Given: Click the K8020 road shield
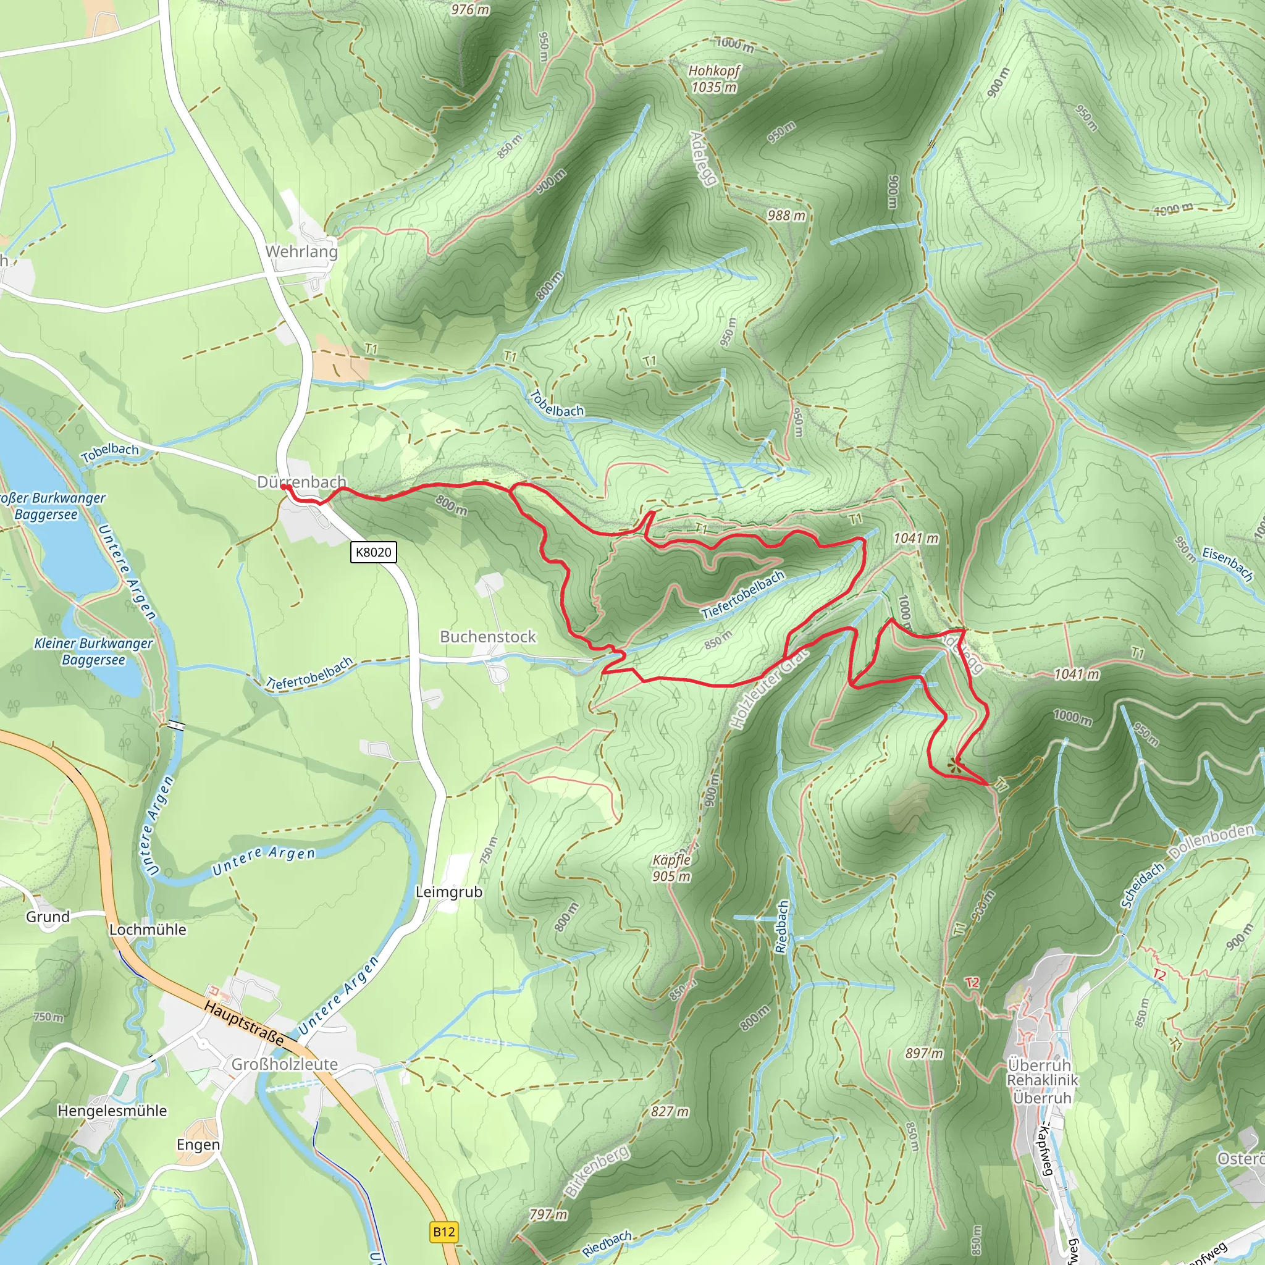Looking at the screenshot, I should coord(372,552).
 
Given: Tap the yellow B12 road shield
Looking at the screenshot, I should coord(443,1232).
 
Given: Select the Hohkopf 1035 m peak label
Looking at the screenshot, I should coord(713,78).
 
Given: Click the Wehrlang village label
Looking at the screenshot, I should coord(301,251).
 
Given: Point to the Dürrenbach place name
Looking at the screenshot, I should coord(301,482).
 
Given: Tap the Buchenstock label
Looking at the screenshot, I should coord(487,636).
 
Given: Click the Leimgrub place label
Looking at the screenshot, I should coord(448,892).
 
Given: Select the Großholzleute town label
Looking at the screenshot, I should coord(284,1064).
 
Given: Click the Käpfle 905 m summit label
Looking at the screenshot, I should coord(671,868).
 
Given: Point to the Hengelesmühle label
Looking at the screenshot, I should coord(112,1111).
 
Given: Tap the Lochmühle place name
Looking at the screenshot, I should coord(148,929).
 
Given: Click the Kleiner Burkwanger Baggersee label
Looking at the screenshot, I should coord(93,652).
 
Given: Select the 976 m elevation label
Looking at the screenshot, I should coord(470,9).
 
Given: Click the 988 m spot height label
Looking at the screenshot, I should coord(786,216).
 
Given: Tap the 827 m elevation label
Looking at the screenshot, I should coord(670,1111).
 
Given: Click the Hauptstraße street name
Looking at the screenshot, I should coord(244,1023).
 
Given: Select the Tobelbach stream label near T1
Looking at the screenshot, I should coord(556,405).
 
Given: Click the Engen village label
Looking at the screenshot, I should coord(198,1144).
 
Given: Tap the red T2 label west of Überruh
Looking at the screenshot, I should coord(972,982).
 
